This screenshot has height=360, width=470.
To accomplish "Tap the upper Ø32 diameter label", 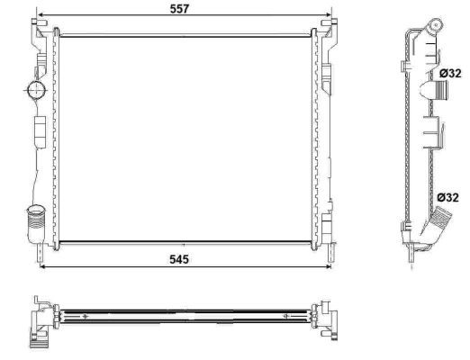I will (x=449, y=73).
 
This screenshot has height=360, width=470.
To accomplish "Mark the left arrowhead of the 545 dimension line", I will (x=41, y=266).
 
